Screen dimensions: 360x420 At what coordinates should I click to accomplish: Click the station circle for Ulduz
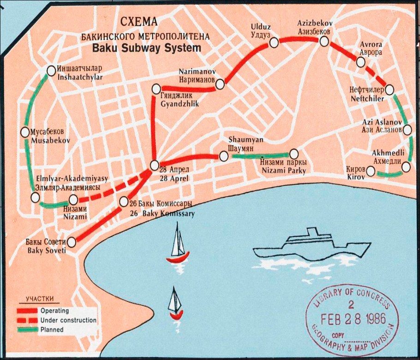pyautogui.click(x=274, y=42)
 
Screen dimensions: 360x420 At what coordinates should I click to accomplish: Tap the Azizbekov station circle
pyautogui.click(x=324, y=41)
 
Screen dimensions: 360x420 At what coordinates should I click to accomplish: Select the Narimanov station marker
pyautogui.click(x=220, y=84)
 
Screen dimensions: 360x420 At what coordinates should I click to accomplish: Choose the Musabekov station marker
pyautogui.click(x=25, y=132)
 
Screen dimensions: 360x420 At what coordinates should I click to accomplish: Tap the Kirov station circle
pyautogui.click(x=371, y=172)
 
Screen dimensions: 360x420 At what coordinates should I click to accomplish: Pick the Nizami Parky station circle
pyautogui.click(x=294, y=154)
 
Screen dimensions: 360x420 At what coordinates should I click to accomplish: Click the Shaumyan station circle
pyautogui.click(x=223, y=156)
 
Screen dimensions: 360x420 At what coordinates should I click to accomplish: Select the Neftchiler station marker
pyautogui.click(x=390, y=90)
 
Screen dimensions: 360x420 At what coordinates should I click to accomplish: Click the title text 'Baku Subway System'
pyautogui.click(x=146, y=47)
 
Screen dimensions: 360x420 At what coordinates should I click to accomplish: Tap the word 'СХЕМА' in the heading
pyautogui.click(x=138, y=22)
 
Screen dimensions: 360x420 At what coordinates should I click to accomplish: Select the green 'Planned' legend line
pyautogui.click(x=26, y=330)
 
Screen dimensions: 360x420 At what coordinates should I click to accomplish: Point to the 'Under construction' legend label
pyautogui.click(x=68, y=320)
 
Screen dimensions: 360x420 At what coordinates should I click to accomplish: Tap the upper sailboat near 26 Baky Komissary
pyautogui.click(x=178, y=244)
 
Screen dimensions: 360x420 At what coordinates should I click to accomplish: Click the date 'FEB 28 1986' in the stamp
pyautogui.click(x=349, y=319)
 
